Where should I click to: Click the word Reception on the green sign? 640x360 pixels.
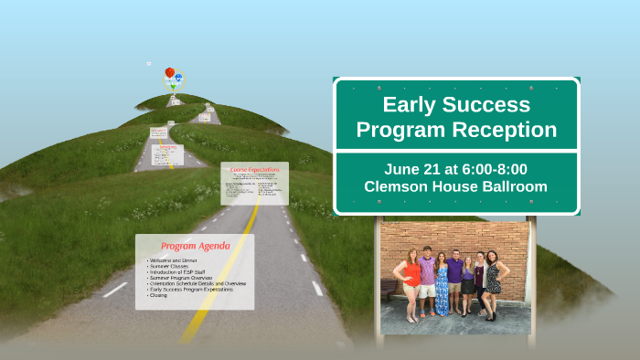(507, 130)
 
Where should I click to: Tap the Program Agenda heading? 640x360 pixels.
(195, 246)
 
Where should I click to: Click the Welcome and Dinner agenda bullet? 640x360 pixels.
(172, 260)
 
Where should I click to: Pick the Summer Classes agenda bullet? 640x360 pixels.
(168, 266)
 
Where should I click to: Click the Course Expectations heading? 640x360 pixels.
(254, 171)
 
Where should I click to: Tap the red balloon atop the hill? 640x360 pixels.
(169, 72)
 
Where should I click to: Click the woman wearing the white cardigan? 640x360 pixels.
(479, 281)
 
